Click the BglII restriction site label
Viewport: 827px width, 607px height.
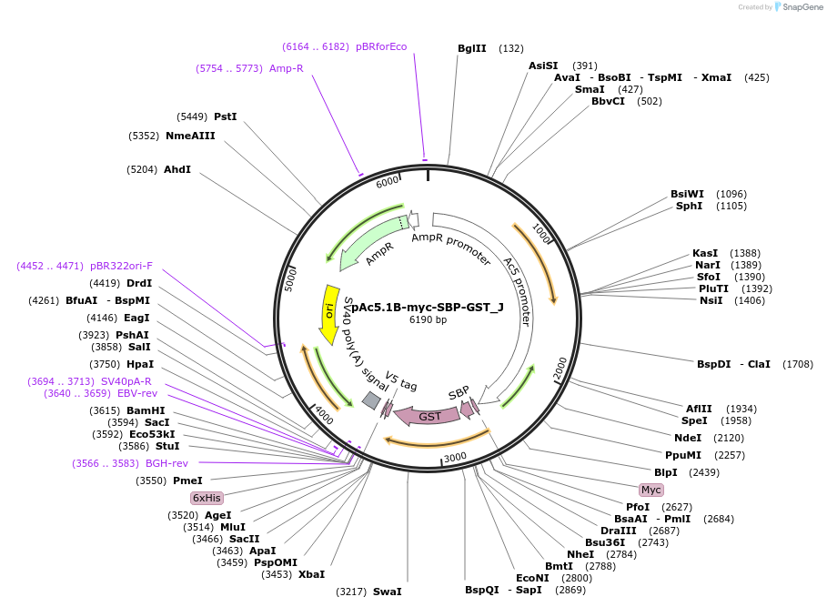tap(472, 48)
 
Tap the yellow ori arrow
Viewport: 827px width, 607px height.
tap(329, 310)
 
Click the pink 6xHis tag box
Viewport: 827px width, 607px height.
tap(207, 498)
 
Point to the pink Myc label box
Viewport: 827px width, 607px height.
tap(651, 490)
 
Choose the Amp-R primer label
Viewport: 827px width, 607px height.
tap(287, 68)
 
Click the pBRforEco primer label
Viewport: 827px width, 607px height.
tap(381, 46)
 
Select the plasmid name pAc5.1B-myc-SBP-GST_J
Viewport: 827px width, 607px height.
tap(428, 307)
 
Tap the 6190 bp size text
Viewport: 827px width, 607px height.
tap(428, 319)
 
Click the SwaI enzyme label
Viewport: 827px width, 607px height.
tap(387, 592)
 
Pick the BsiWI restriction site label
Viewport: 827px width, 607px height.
tap(687, 194)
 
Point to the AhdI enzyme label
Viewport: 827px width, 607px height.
tap(177, 169)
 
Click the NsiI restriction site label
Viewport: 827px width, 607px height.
tap(711, 300)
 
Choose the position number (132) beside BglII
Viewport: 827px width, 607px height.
tap(511, 48)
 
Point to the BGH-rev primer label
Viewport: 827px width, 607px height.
tap(166, 463)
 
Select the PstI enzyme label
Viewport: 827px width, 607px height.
tap(225, 116)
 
